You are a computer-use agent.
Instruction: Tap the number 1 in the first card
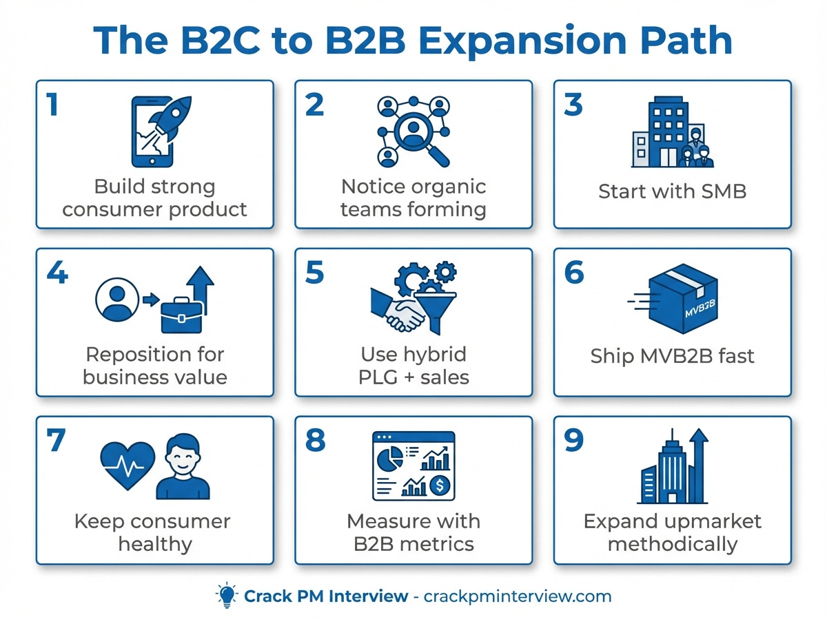[52, 105]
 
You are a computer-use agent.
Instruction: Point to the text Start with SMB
[672, 191]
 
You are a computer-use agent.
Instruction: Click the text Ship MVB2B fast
[672, 356]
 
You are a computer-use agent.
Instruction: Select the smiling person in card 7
[183, 466]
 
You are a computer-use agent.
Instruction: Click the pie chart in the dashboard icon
[393, 454]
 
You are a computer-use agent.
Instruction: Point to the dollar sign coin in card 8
[440, 486]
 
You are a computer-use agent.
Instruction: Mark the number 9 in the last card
[573, 441]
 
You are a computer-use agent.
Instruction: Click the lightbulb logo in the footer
[225, 595]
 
